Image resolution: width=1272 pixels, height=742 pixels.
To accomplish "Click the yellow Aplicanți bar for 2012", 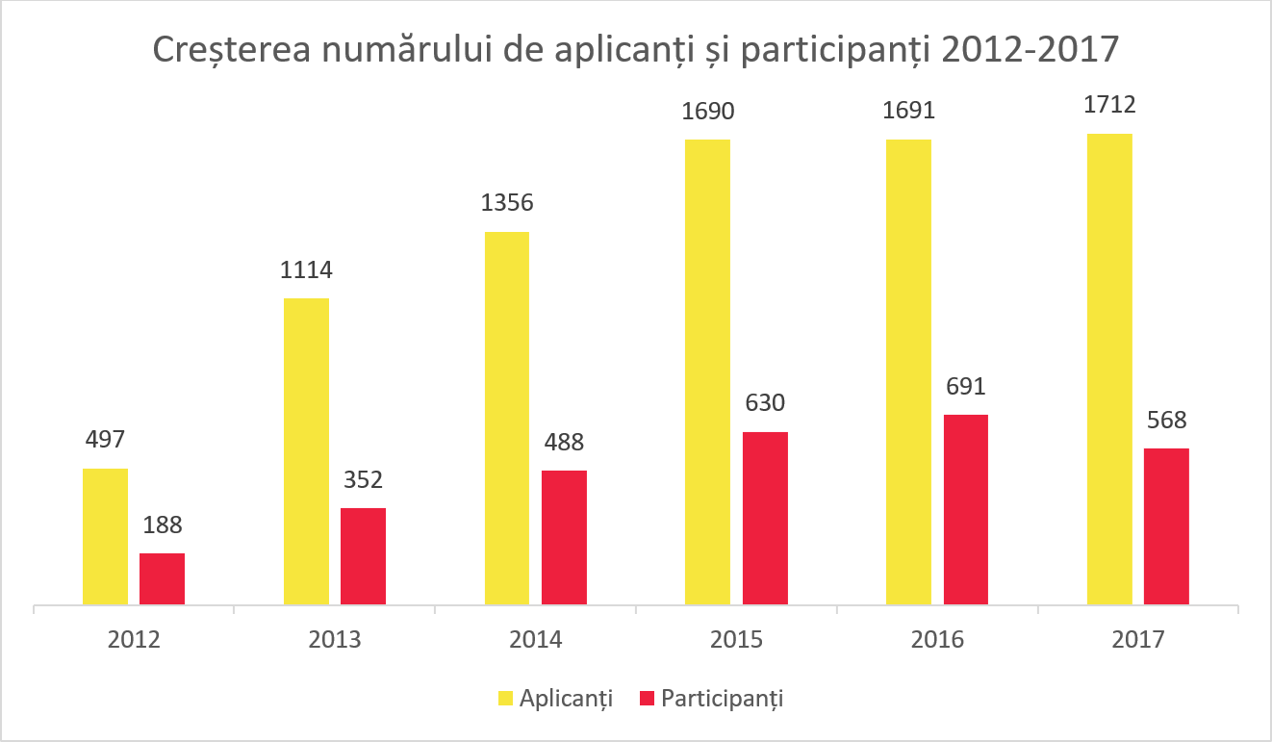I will pos(105,537).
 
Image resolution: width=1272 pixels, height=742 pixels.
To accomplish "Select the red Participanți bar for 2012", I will pos(162,579).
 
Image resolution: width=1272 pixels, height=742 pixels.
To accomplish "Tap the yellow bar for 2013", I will pos(306,451).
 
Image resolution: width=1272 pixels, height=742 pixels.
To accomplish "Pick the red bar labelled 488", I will pos(564,538).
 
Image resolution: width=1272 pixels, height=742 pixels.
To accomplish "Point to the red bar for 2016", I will pos(965,510).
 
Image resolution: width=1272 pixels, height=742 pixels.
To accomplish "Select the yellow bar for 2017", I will pos(1109,370).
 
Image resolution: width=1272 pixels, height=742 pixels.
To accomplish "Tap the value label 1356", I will pos(507,204).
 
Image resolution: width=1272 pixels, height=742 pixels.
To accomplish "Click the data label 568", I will pos(1166,421).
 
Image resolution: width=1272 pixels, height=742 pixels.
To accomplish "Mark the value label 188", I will pos(162,525).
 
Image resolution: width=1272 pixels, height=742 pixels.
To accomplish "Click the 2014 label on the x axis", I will pos(535,640).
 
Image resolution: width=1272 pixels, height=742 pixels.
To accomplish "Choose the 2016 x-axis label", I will pos(936,640).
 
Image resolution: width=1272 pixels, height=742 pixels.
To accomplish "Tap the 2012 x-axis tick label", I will pos(134,640).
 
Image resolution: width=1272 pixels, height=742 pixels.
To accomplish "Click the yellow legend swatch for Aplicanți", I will pos(505,699).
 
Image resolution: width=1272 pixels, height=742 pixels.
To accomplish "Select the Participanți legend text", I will pos(722,699).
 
